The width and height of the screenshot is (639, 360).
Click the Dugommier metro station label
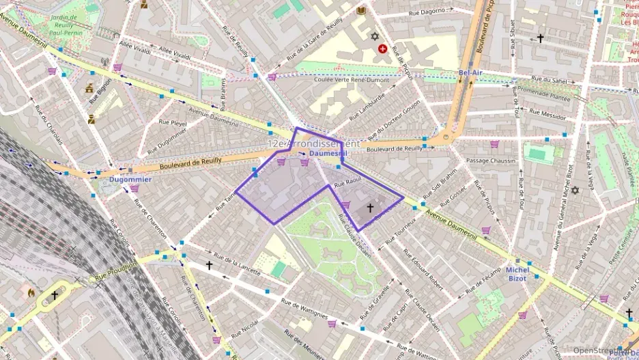130,180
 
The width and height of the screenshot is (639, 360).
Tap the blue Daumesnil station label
328,154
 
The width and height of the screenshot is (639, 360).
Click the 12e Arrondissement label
313,144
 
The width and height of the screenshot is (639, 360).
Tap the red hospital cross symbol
382,49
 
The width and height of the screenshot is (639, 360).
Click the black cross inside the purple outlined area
371,207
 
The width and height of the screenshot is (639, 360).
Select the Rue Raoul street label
347,182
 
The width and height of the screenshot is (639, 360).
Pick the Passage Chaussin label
490,161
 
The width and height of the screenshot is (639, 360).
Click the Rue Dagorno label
431,11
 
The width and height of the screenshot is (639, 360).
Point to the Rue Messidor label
543,115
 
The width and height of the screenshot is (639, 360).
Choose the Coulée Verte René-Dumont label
352,79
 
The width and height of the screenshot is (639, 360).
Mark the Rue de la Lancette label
237,267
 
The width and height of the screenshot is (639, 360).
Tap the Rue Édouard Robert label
423,271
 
